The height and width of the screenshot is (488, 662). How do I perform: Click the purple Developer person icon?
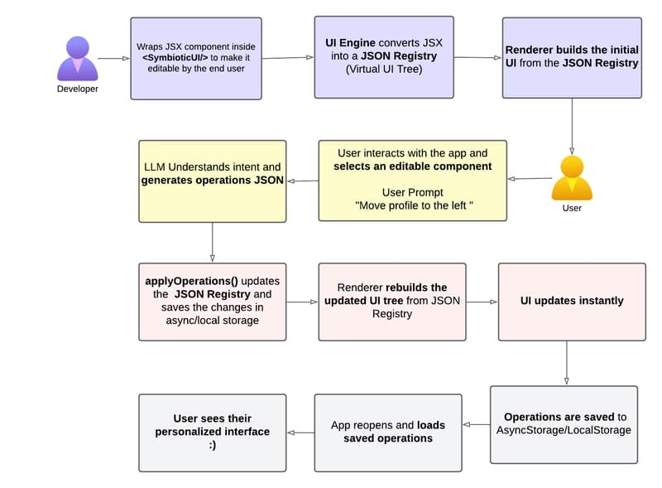[78, 58]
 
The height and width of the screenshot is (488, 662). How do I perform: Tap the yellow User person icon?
[572, 177]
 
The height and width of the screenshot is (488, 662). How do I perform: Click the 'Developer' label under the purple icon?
[78, 89]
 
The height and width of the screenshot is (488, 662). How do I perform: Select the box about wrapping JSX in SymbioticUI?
[196, 58]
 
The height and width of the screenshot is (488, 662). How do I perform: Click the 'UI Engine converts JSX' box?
[384, 57]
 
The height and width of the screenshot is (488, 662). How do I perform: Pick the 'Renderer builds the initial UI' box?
[572, 57]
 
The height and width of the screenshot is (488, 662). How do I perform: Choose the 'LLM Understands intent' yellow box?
[213, 181]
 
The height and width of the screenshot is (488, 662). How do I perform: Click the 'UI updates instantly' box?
[572, 302]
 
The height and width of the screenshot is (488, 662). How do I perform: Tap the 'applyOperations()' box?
[213, 302]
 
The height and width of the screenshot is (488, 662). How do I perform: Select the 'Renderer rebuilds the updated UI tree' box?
[392, 302]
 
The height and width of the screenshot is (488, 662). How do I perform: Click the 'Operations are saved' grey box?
[564, 424]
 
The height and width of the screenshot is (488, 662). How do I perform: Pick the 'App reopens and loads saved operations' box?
[388, 432]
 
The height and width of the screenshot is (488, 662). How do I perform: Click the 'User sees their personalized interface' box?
[213, 432]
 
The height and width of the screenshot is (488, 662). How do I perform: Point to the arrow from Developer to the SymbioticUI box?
[114, 58]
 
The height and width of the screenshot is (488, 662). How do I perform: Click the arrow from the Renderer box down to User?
[572, 127]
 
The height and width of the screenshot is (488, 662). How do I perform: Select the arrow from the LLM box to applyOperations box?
[213, 242]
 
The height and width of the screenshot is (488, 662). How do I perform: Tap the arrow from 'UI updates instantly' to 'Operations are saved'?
[567, 363]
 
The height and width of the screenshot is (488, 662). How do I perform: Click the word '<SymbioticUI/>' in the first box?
[175, 57]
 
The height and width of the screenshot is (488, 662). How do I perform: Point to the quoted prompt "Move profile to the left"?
[414, 205]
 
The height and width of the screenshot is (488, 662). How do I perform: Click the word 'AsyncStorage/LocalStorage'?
[564, 430]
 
